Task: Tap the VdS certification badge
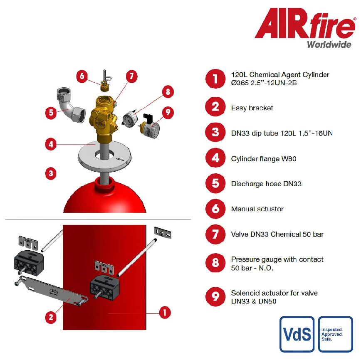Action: coord(297,334)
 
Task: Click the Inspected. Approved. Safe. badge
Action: coord(336,334)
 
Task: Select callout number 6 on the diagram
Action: coord(82,76)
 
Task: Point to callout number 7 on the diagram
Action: coord(131,76)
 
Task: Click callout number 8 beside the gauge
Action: coord(168,91)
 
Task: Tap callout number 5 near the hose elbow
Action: coord(51,113)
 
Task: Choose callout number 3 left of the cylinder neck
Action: coord(51,173)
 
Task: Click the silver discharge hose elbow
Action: coord(70,105)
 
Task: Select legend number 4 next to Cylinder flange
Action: coord(215,158)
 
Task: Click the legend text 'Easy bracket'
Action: coord(252,108)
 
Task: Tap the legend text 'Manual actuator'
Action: coord(257,209)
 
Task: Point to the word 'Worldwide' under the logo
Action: coord(329,44)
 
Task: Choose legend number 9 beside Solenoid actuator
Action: coord(215,297)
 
